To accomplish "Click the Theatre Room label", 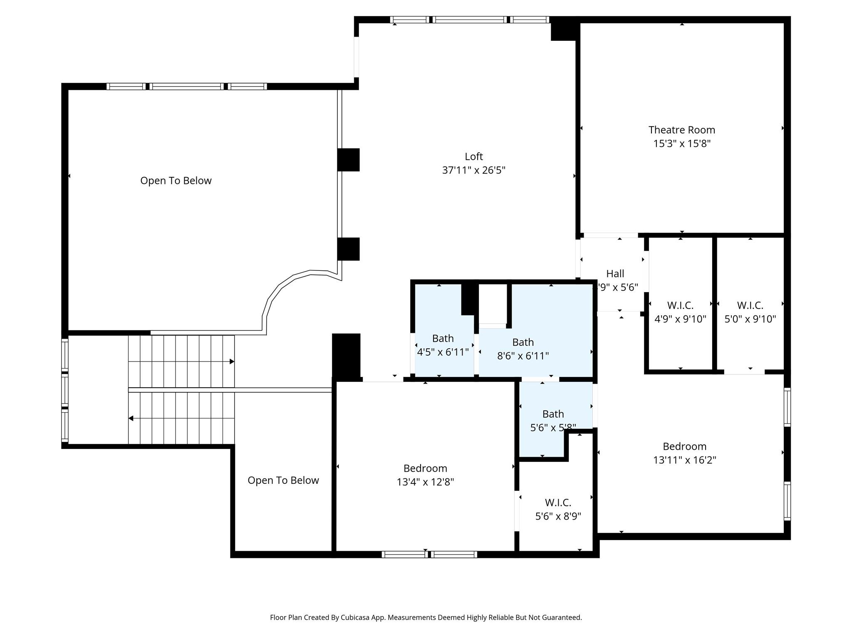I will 681,130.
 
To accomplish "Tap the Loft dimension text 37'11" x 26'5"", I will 473,170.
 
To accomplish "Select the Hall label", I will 615,274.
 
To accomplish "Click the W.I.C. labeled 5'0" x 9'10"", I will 750,312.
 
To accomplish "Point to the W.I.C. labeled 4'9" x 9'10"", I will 680,312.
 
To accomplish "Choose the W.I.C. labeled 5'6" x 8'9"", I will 558,509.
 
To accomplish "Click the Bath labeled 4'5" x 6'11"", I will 443,345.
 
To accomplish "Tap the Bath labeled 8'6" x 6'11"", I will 523,349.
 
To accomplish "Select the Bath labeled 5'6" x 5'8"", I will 553,420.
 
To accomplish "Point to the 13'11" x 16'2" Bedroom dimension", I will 684,460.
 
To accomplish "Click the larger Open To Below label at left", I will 176,181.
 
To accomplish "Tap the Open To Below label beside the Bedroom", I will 283,480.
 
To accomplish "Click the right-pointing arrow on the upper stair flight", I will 232,362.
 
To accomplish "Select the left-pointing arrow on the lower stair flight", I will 131,419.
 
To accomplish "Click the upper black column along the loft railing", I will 348,160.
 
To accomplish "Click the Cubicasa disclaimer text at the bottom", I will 426,617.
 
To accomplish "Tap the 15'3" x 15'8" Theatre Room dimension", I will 681,144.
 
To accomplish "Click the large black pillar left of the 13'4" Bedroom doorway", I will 346,357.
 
